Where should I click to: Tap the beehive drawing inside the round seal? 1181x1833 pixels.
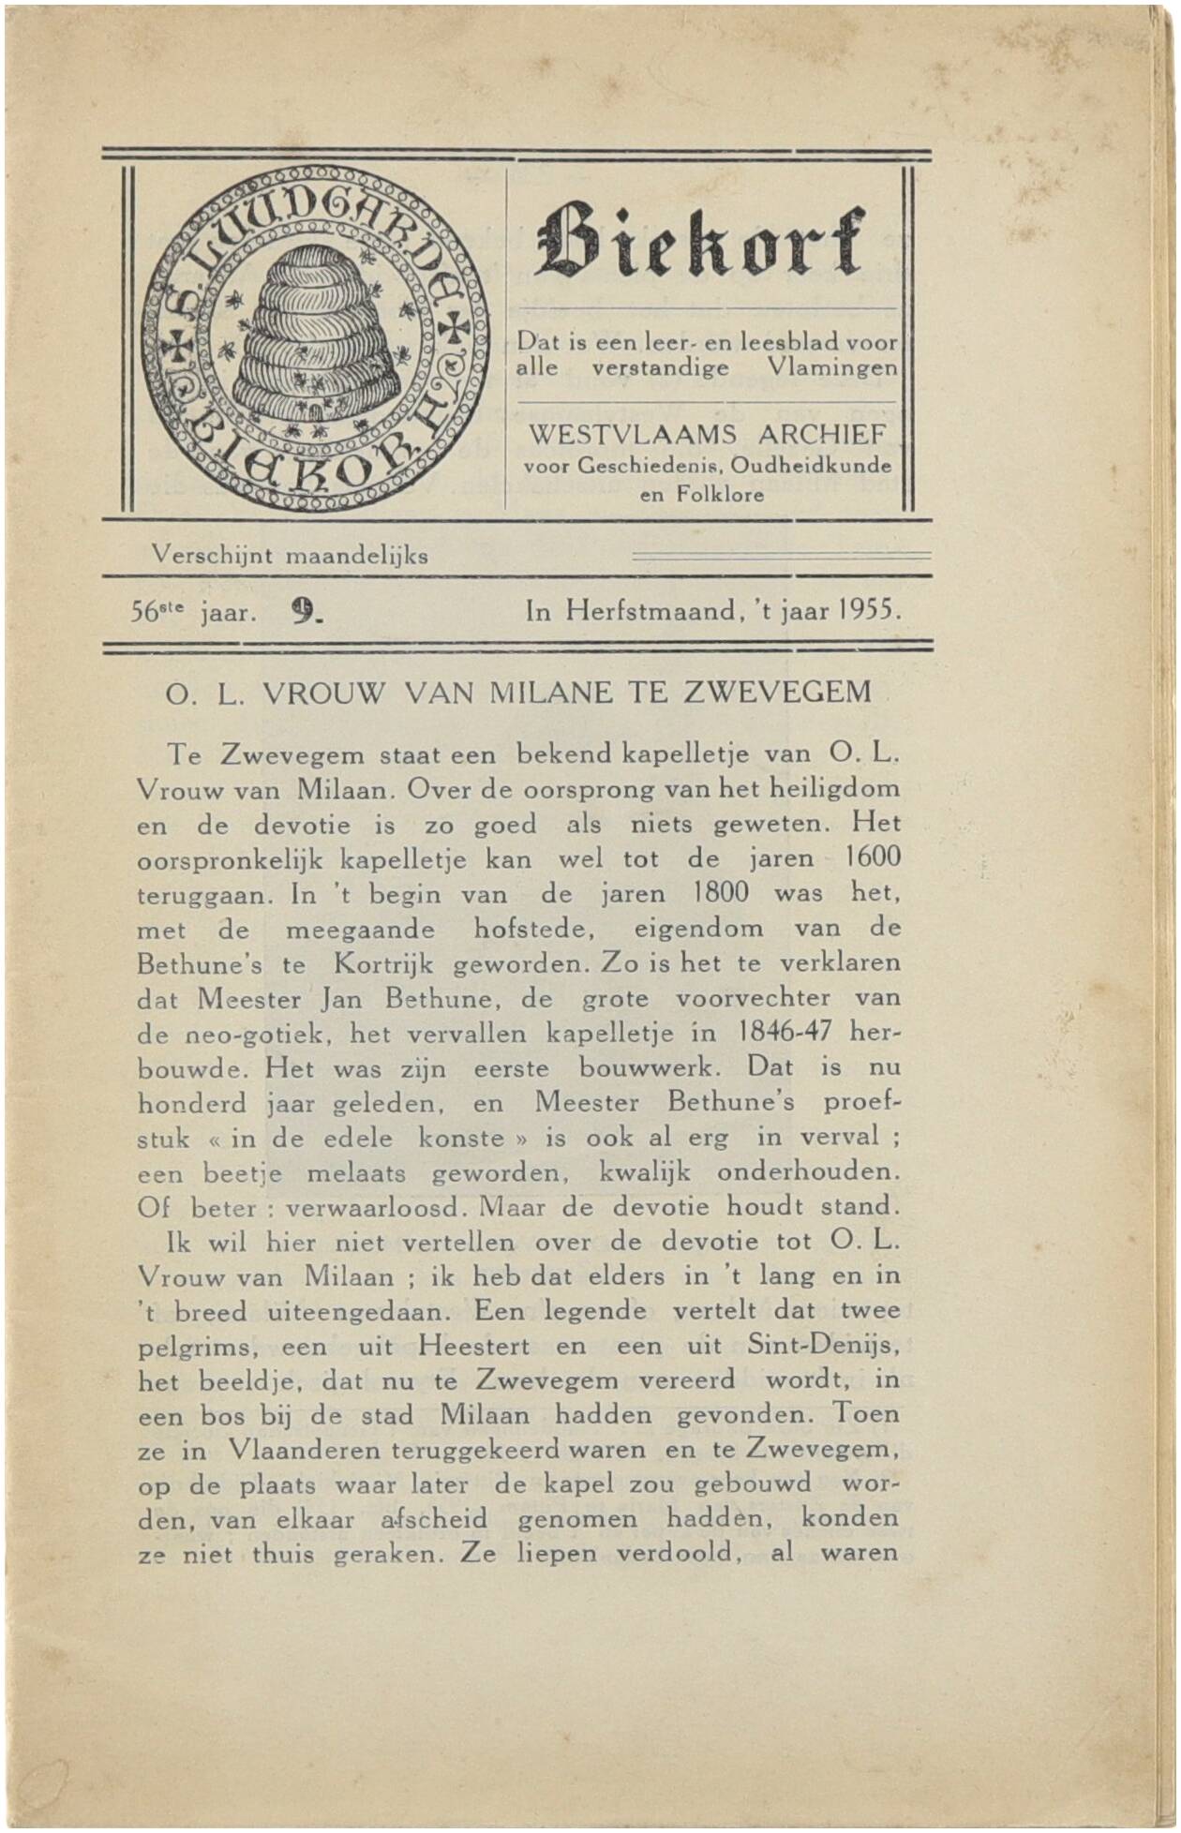(x=306, y=337)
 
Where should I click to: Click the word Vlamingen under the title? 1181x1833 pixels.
(x=831, y=367)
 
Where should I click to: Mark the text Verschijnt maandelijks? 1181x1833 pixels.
(x=290, y=555)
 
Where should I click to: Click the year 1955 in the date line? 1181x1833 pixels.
(x=868, y=612)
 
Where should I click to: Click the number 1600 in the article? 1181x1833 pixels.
(x=872, y=857)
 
